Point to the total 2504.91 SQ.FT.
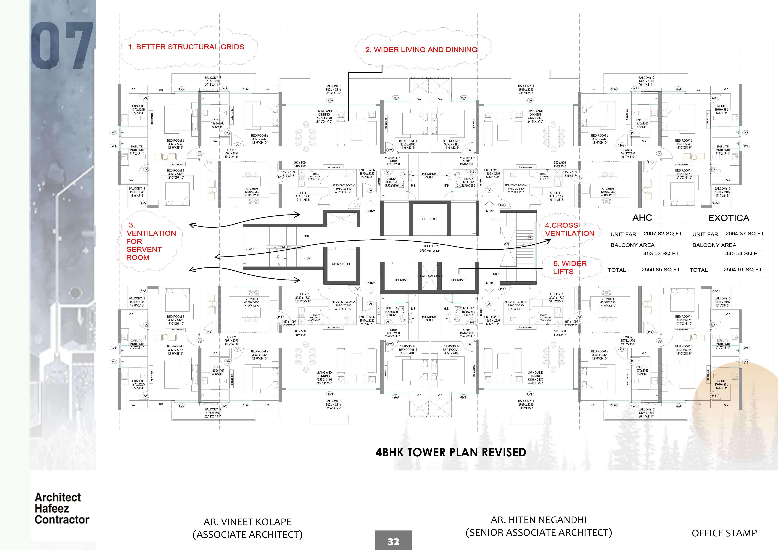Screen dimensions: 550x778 point(743,270)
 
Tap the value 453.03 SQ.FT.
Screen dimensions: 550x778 point(661,254)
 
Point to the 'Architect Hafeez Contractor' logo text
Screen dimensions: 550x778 point(62,508)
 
